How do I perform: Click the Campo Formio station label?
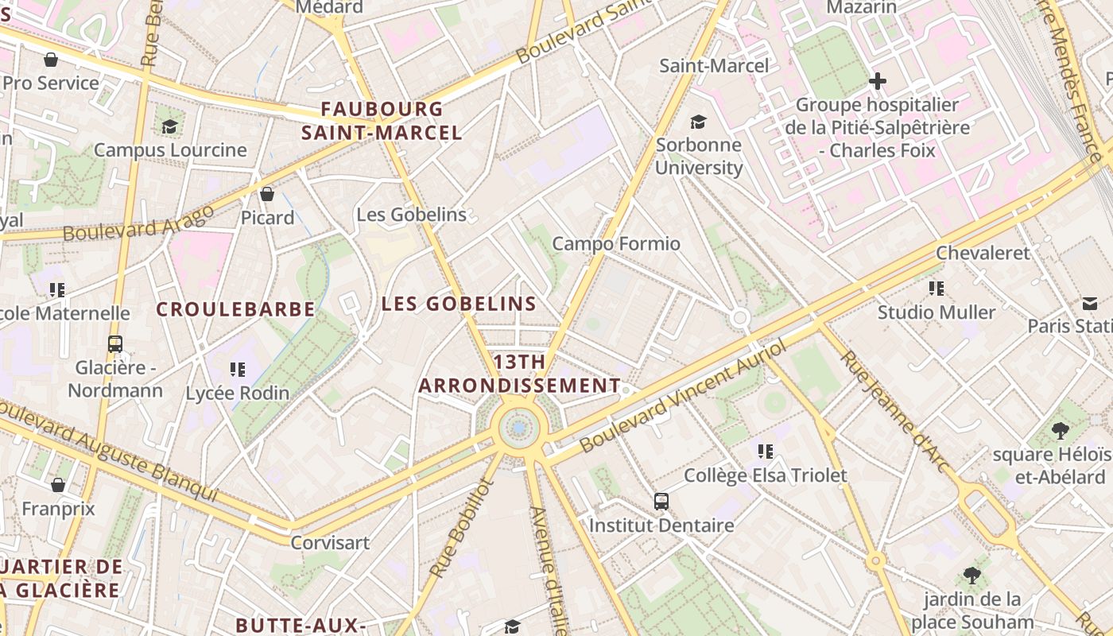tap(616, 243)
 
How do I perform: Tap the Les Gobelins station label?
tap(411, 215)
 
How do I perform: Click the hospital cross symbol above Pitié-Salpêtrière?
tap(878, 81)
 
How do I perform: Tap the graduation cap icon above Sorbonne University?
tap(698, 122)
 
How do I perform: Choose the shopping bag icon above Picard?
tap(267, 194)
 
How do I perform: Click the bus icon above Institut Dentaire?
tap(661, 501)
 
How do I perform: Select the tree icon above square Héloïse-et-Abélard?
tap(1059, 431)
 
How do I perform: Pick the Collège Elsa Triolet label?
tap(766, 475)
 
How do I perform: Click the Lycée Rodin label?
tap(237, 393)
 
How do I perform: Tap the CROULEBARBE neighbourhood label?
tap(235, 309)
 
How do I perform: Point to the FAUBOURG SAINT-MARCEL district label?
tap(382, 121)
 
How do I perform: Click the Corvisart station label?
tap(330, 543)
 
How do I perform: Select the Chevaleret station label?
tap(983, 253)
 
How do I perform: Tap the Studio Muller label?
tap(936, 312)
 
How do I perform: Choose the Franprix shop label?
tap(58, 508)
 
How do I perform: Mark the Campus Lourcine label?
tap(170, 149)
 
